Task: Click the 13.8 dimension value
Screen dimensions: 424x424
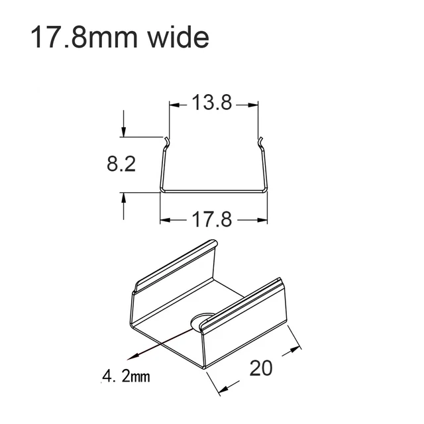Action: (x=212, y=104)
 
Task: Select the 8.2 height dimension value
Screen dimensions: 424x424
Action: (x=121, y=164)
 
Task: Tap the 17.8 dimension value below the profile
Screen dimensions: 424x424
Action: (x=212, y=219)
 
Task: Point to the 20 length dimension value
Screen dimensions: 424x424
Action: (x=262, y=368)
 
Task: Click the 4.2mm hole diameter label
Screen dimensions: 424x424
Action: (x=126, y=378)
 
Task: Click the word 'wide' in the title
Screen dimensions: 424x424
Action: (x=176, y=38)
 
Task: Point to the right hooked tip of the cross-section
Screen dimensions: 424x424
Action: (x=261, y=140)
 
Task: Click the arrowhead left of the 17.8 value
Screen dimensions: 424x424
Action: (x=164, y=219)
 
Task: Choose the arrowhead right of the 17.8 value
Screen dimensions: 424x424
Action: (x=262, y=219)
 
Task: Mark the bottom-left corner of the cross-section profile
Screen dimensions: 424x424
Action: (x=161, y=190)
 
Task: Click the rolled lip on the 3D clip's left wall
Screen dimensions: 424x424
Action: (x=176, y=265)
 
